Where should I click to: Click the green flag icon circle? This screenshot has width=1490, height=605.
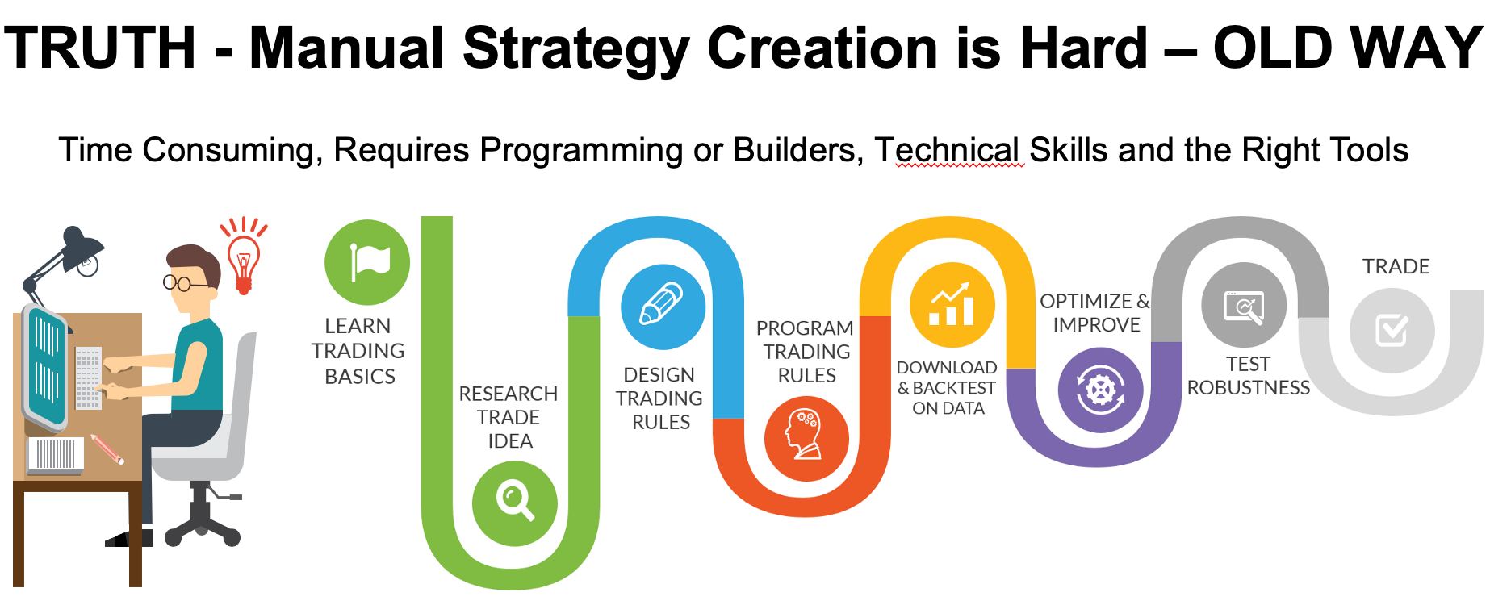click(367, 262)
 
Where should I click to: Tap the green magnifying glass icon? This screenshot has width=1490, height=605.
click(515, 503)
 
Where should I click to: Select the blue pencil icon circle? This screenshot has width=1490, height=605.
click(663, 307)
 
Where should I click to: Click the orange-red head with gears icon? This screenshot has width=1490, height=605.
click(806, 439)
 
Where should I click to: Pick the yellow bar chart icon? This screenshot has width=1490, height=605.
click(952, 305)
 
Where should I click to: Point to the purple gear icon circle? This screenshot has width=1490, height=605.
click(1100, 390)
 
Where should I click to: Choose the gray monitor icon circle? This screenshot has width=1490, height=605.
click(1244, 306)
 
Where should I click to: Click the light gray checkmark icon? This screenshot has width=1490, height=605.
click(1392, 331)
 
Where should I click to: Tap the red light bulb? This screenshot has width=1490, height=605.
click(244, 258)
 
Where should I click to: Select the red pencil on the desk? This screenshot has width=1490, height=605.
click(107, 449)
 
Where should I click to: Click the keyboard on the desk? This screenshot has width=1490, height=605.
click(88, 378)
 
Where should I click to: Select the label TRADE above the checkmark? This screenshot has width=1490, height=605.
click(1396, 266)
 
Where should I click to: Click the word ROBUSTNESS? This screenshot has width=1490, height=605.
click(1249, 388)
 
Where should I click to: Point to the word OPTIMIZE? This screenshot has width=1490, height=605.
click(1086, 301)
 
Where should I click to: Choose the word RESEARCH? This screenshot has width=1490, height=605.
click(509, 394)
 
